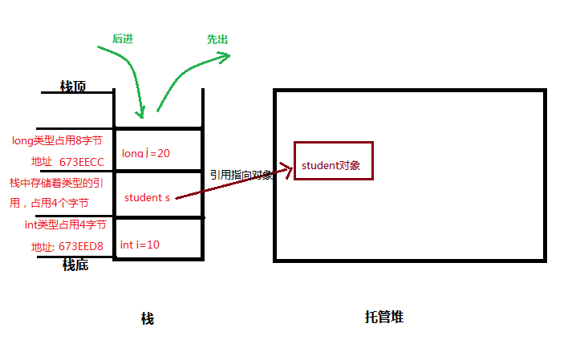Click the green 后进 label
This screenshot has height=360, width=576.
point(122,38)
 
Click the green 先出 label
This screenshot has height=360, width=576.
point(217,38)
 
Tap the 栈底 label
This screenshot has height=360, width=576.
point(75,265)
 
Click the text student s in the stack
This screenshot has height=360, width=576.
point(147,197)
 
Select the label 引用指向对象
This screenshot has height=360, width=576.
point(241,175)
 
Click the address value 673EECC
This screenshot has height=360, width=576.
point(82,162)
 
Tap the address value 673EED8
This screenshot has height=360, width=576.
point(81,246)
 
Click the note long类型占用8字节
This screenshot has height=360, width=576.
point(59,140)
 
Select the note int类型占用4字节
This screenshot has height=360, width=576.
point(65,224)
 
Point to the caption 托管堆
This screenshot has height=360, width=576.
point(383,317)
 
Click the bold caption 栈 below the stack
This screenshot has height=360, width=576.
point(147,318)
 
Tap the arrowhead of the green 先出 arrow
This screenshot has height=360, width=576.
point(225,55)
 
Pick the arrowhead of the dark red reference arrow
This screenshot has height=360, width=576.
point(286,168)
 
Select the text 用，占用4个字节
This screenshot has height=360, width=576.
point(48,204)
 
